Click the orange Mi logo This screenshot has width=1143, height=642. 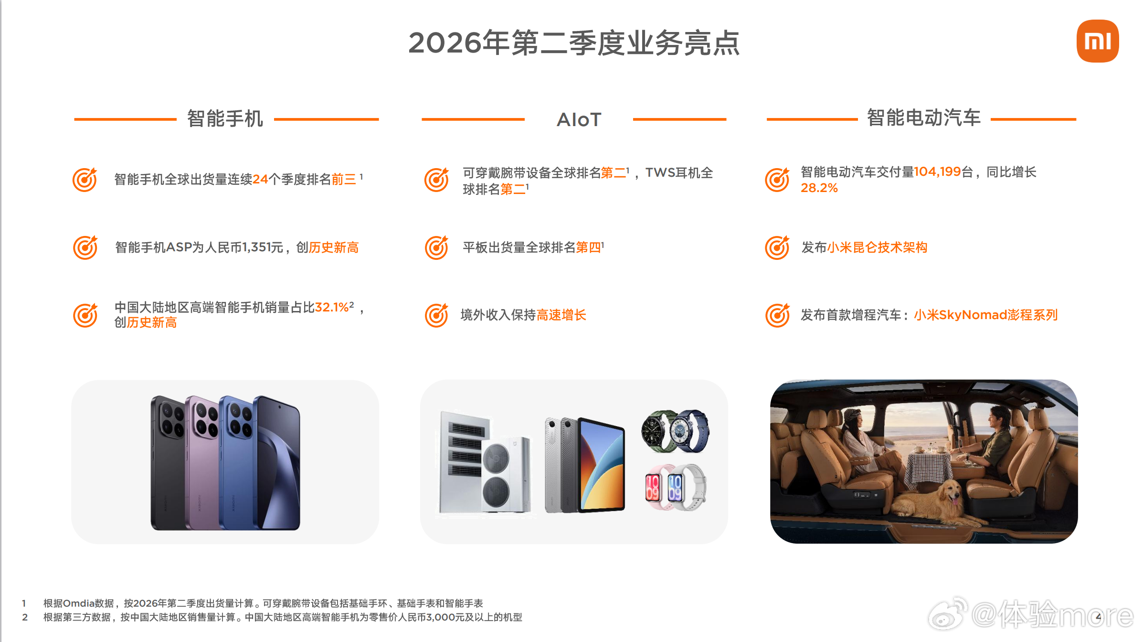[x=1097, y=41]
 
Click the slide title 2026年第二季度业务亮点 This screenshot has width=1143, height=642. [x=574, y=43]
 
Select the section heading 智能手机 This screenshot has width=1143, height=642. [x=225, y=118]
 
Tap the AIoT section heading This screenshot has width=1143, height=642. [x=579, y=119]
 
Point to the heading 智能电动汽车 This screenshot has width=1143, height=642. [x=923, y=118]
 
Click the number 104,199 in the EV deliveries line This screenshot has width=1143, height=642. [x=937, y=171]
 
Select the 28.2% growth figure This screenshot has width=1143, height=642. [x=819, y=188]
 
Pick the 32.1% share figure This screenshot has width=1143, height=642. [x=332, y=307]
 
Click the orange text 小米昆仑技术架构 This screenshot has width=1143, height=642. [x=877, y=247]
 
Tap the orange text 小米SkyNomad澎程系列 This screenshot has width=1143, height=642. [x=986, y=315]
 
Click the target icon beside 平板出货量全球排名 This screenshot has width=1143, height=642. [x=436, y=247]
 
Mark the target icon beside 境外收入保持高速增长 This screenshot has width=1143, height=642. [x=436, y=315]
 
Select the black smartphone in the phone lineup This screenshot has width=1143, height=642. [x=168, y=462]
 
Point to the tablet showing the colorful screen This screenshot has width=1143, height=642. [x=602, y=464]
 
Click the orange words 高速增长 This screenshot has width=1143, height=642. [x=561, y=315]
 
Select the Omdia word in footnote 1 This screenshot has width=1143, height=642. [x=78, y=603]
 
